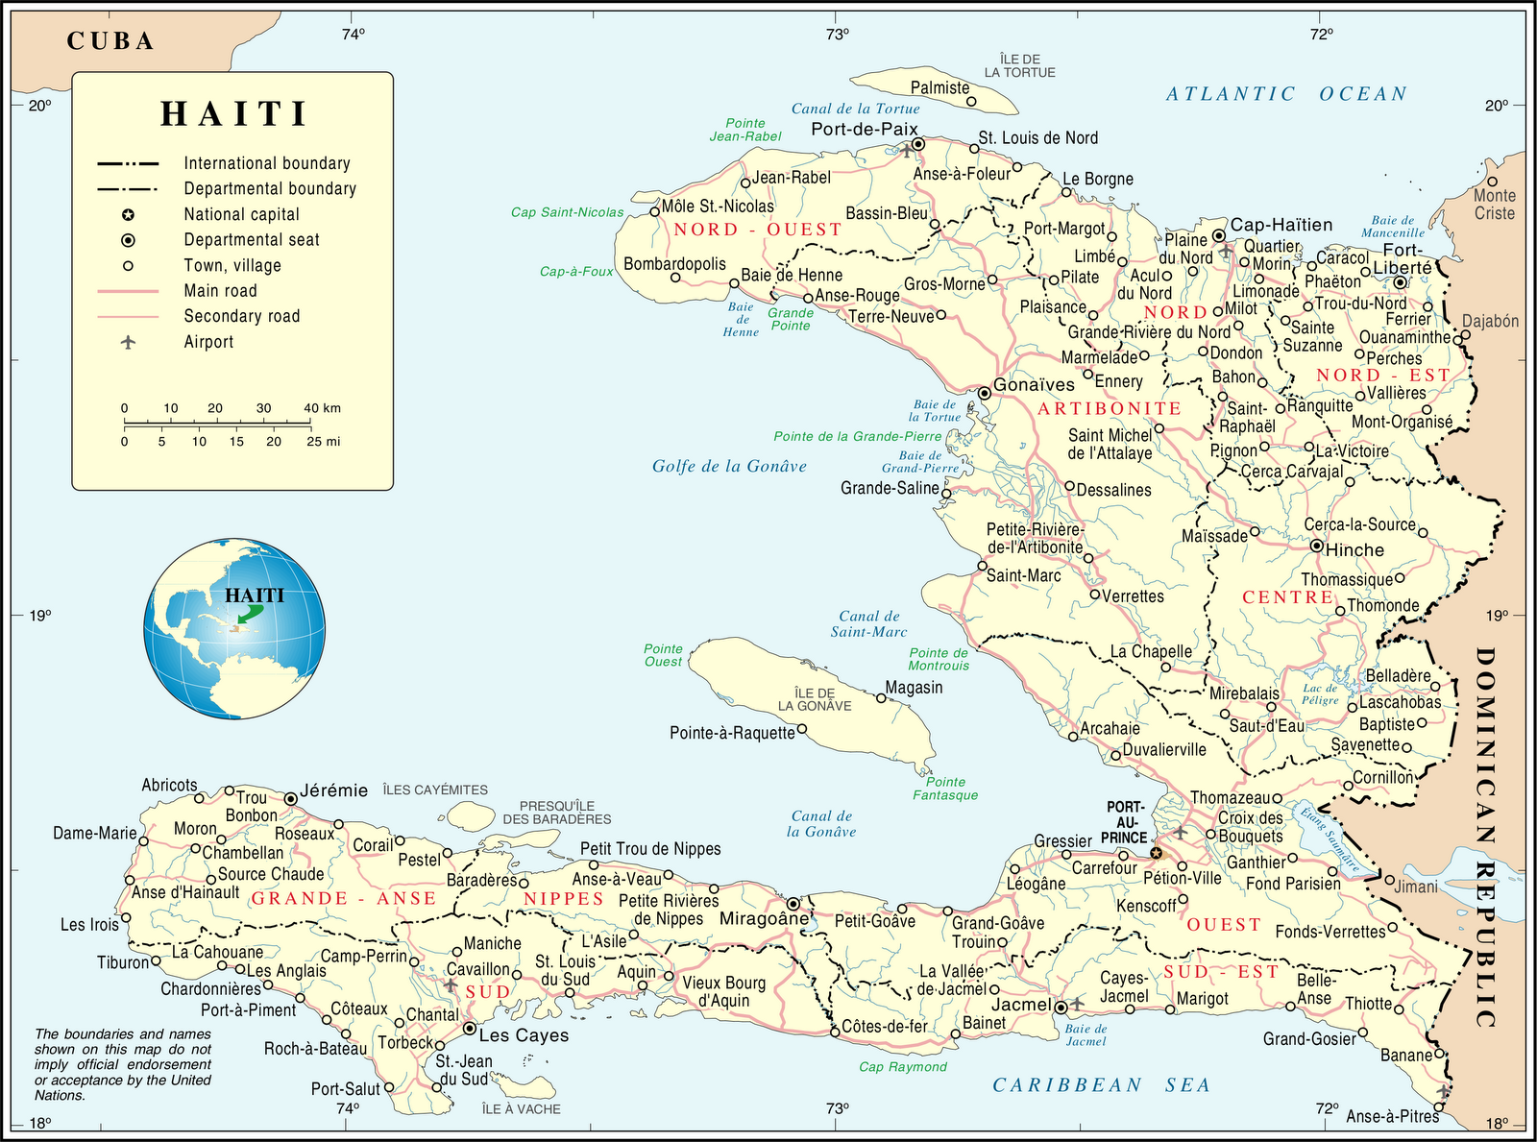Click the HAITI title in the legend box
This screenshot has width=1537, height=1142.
pyautogui.click(x=233, y=113)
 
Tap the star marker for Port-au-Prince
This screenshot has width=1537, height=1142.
pyautogui.click(x=1156, y=853)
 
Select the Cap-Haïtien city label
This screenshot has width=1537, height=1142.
pyautogui.click(x=1281, y=225)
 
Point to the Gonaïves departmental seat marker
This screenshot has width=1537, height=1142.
pyautogui.click(x=984, y=393)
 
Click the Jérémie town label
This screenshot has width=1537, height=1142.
pyautogui.click(x=333, y=790)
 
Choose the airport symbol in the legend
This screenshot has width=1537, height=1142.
pyautogui.click(x=128, y=342)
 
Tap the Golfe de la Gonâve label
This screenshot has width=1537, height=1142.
pyautogui.click(x=729, y=466)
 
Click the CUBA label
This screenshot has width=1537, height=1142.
pyautogui.click(x=110, y=40)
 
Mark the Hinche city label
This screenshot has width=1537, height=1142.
pyautogui.click(x=1354, y=550)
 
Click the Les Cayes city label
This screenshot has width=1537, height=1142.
pyautogui.click(x=524, y=1035)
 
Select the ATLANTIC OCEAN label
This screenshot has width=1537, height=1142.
pyautogui.click(x=1286, y=93)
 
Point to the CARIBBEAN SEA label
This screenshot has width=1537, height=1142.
pyautogui.click(x=1101, y=1085)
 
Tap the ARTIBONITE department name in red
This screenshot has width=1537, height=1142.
pyautogui.click(x=1110, y=408)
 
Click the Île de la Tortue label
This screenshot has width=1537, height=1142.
pyautogui.click(x=1019, y=65)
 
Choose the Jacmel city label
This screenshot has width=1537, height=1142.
pyautogui.click(x=1020, y=1005)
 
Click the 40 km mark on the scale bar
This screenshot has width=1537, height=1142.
pyautogui.click(x=322, y=409)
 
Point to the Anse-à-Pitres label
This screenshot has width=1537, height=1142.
pyautogui.click(x=1392, y=1116)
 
